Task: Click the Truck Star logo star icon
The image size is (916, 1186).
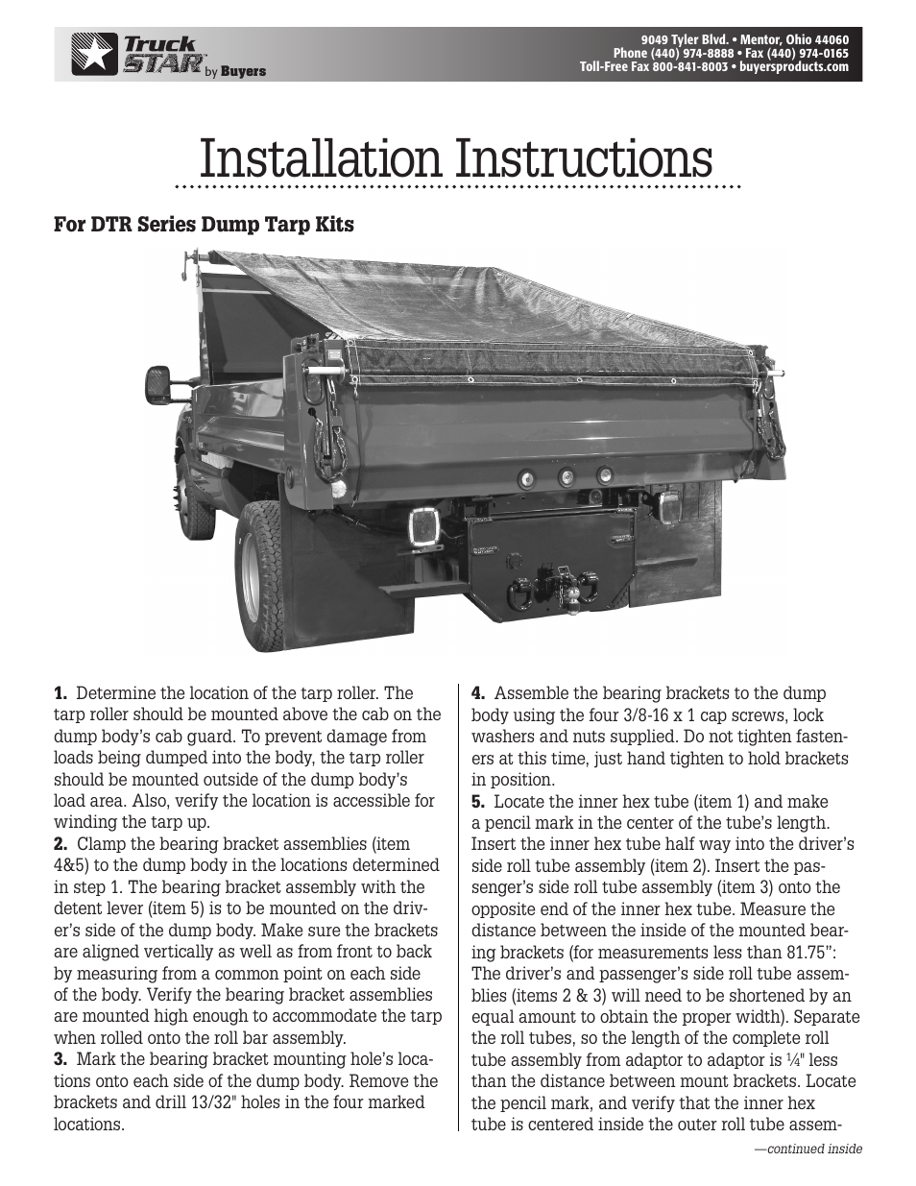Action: (93, 54)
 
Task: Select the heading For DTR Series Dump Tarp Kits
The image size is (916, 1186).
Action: (204, 225)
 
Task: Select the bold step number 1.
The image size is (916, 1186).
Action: (61, 693)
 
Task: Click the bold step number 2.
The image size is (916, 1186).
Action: (61, 844)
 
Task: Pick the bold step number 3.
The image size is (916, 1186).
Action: (61, 1059)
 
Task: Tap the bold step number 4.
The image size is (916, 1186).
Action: (478, 693)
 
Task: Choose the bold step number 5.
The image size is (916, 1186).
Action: (478, 801)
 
